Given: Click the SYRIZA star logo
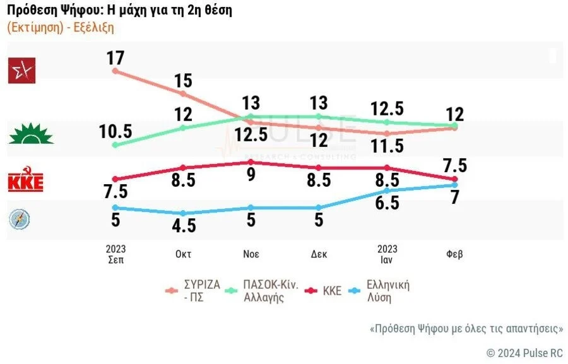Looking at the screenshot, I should click(x=21, y=70).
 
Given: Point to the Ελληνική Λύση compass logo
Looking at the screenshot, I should click(x=19, y=219).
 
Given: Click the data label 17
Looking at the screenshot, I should click(x=115, y=58).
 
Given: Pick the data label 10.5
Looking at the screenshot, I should click(x=115, y=131).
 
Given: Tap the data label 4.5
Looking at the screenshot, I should click(x=183, y=226).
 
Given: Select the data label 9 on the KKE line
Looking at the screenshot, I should click(x=251, y=175).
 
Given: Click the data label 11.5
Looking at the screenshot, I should click(x=387, y=146).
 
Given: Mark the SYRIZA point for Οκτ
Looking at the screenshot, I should click(x=183, y=94).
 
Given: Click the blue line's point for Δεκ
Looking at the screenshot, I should click(x=319, y=208).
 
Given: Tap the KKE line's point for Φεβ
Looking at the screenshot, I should click(x=454, y=179).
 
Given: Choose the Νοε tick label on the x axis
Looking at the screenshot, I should click(x=251, y=254).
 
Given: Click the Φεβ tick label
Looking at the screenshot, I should click(x=454, y=254).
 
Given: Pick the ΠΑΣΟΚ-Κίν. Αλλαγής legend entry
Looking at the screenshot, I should click(x=265, y=290).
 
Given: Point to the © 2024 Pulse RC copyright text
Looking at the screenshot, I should click(x=524, y=353).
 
